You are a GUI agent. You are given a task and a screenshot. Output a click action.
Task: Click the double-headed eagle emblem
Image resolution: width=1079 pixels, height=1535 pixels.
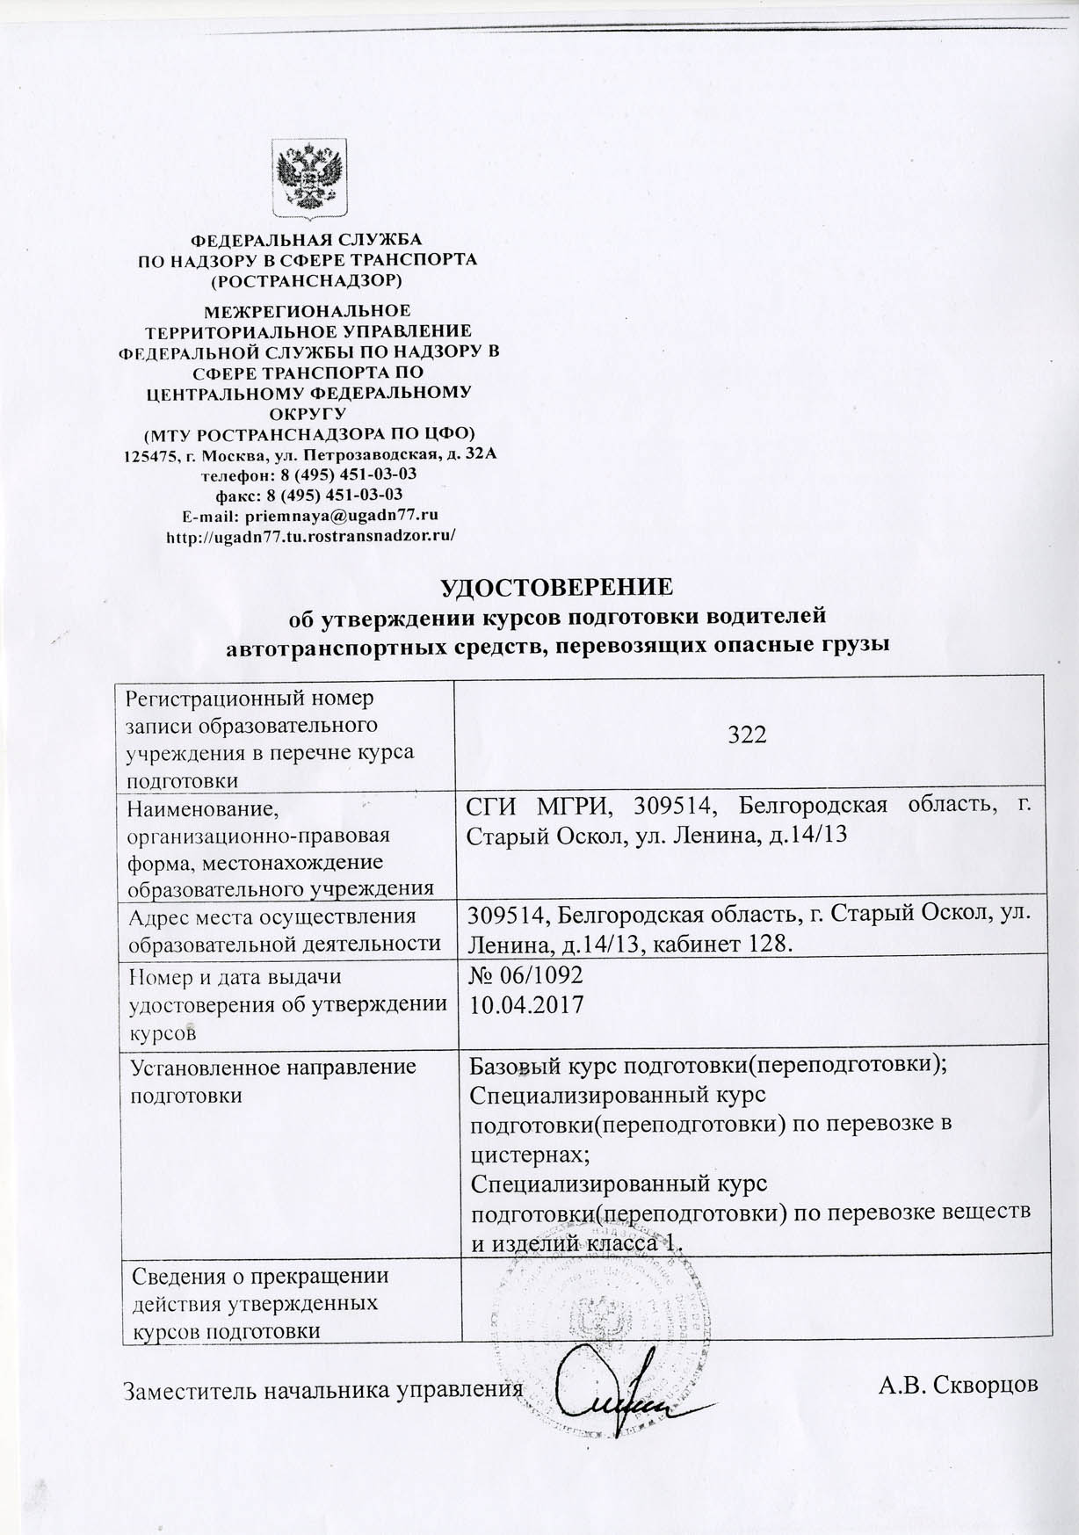coord(308,179)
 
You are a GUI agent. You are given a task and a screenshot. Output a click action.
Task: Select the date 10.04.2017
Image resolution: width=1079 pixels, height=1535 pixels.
coord(527,1004)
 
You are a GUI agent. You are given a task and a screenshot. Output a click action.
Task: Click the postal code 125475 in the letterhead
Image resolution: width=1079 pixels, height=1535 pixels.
coord(148,455)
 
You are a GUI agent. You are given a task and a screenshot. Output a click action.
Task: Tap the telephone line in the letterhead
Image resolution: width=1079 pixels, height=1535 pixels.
coord(308,474)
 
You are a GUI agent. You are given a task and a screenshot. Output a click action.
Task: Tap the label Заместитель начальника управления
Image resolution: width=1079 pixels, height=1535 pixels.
coord(319,1390)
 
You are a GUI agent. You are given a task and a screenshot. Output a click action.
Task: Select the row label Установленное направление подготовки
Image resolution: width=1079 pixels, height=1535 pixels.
coord(272,1081)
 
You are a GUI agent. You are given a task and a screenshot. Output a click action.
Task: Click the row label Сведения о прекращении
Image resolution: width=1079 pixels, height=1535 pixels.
coord(259,1274)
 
